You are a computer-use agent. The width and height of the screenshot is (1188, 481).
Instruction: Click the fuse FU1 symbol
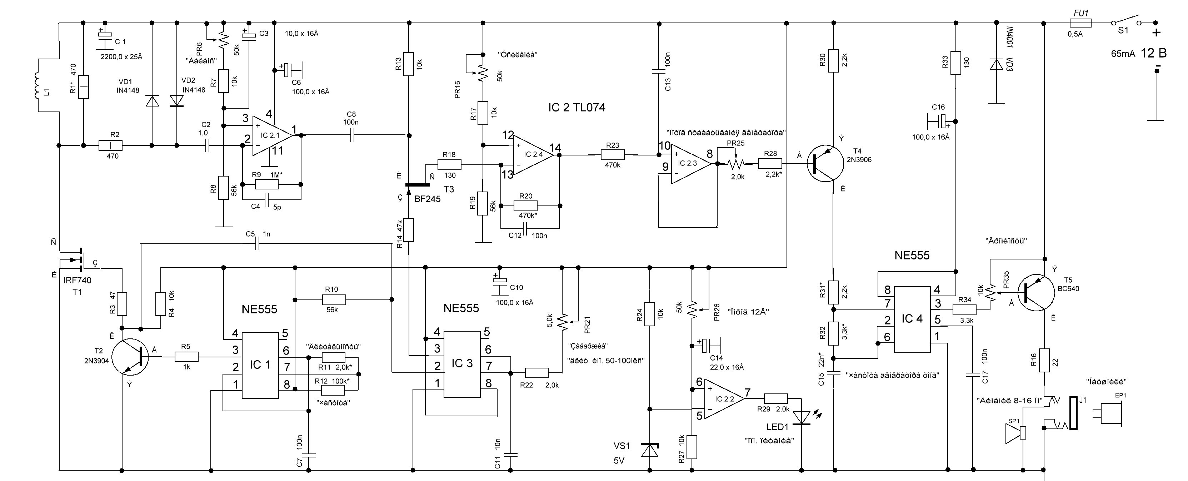pos(1080,23)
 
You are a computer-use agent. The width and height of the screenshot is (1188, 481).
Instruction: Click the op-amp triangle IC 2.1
pos(271,135)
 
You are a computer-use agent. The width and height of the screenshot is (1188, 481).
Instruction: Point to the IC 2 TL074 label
pos(576,108)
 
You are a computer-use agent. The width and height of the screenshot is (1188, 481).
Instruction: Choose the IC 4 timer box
pos(912,319)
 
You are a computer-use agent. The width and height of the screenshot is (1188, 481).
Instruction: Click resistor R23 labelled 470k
pos(613,155)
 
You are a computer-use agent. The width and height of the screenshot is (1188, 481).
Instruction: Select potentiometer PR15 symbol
pos(482,71)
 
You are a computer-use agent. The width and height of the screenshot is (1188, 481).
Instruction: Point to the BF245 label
pos(428,199)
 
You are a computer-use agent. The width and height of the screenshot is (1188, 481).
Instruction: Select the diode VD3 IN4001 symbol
pos(997,65)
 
